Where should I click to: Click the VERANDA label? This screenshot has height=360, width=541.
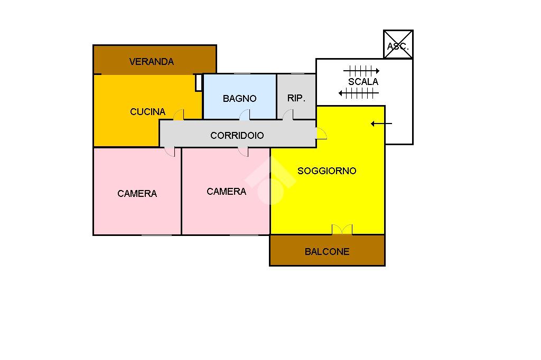click(x=151, y=62)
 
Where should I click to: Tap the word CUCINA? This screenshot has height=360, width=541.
click(x=147, y=112)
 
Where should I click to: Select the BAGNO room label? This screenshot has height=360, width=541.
click(x=239, y=99)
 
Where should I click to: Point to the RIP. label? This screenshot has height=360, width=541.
click(x=296, y=98)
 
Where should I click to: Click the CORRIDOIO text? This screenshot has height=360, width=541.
click(x=237, y=136)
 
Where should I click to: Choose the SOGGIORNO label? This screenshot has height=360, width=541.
click(x=327, y=171)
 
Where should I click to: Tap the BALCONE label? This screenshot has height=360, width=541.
click(x=327, y=252)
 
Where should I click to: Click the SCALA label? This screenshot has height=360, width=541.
click(x=363, y=82)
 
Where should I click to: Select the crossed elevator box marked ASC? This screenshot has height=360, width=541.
click(x=398, y=44)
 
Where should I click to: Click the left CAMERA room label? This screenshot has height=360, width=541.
click(x=137, y=194)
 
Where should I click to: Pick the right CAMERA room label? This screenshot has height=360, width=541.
click(x=226, y=192)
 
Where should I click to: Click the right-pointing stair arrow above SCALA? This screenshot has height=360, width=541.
click(x=361, y=70)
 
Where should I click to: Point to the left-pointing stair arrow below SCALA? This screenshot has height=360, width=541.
click(x=359, y=94)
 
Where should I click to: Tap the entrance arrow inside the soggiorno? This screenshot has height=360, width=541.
click(x=381, y=124)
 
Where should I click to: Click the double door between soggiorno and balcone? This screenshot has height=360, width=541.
click(x=341, y=230)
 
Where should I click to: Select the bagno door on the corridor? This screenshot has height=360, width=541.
click(x=245, y=115)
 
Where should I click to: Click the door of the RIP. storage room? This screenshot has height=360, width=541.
click(x=288, y=115)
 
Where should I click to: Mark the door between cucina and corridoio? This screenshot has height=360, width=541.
click(x=179, y=115)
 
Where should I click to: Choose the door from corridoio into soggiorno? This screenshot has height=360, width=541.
click(x=321, y=134)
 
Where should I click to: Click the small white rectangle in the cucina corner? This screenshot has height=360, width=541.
click(x=199, y=82)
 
